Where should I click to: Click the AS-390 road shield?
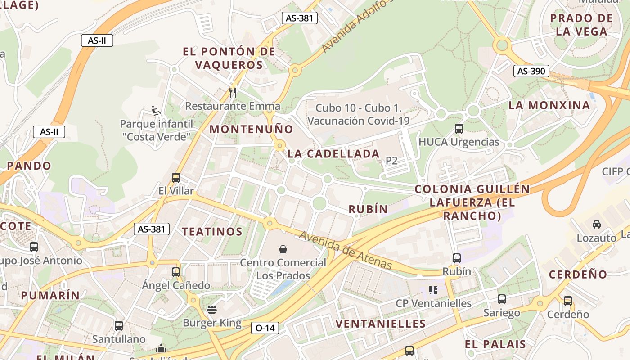(x=531, y=71)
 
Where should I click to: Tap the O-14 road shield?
(x=265, y=328)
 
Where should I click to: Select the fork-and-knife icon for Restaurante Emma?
(x=233, y=93)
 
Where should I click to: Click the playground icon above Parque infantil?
(x=156, y=110)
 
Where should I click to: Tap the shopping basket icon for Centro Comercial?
(x=283, y=249)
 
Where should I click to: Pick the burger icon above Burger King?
(x=212, y=310)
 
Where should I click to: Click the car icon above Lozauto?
(x=596, y=224)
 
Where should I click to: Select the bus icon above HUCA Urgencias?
(x=459, y=129)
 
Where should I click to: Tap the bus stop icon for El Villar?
(x=175, y=177)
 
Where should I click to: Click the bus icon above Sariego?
(x=501, y=299)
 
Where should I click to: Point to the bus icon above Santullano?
(x=118, y=325)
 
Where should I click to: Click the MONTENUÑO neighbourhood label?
(x=251, y=129)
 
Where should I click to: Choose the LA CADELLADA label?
(x=333, y=153)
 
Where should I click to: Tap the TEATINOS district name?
(x=212, y=232)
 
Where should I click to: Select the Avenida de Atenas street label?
(x=345, y=250)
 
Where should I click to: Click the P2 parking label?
(x=391, y=161)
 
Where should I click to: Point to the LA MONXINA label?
(x=549, y=105)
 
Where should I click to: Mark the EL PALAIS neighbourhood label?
(x=495, y=344)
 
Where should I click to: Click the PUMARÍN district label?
(x=50, y=295)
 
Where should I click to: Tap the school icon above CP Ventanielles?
(x=433, y=290)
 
